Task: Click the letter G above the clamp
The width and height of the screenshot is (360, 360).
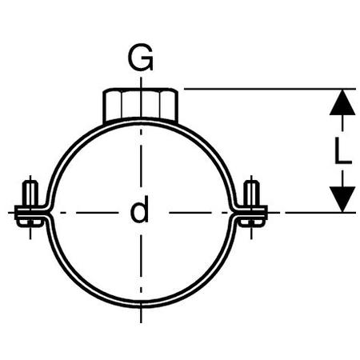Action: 141,57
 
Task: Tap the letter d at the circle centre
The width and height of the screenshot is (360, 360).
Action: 139,209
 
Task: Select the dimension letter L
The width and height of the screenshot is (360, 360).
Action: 343,150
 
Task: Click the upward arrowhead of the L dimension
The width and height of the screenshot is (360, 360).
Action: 342,102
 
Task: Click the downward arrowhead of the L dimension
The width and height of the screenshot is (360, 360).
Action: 342,199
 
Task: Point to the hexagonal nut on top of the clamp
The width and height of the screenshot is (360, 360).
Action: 141,105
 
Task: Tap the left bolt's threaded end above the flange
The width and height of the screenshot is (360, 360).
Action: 30,193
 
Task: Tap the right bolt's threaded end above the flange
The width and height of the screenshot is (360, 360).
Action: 251,193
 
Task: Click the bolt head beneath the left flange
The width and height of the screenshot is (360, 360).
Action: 30,223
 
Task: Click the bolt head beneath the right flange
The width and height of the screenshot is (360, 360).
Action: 252,223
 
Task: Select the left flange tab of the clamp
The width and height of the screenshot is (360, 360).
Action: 31,213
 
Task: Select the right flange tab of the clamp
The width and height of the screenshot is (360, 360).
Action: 250,213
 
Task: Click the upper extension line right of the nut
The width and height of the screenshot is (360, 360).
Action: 270,89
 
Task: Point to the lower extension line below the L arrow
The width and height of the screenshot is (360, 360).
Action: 320,213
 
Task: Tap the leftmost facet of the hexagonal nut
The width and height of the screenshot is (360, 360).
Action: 112,106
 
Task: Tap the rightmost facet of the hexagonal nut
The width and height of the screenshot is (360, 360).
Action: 170,106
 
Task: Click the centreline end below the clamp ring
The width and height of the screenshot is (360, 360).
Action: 141,322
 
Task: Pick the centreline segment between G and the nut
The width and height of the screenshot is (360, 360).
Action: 141,82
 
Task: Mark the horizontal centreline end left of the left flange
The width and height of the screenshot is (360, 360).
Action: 9,213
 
